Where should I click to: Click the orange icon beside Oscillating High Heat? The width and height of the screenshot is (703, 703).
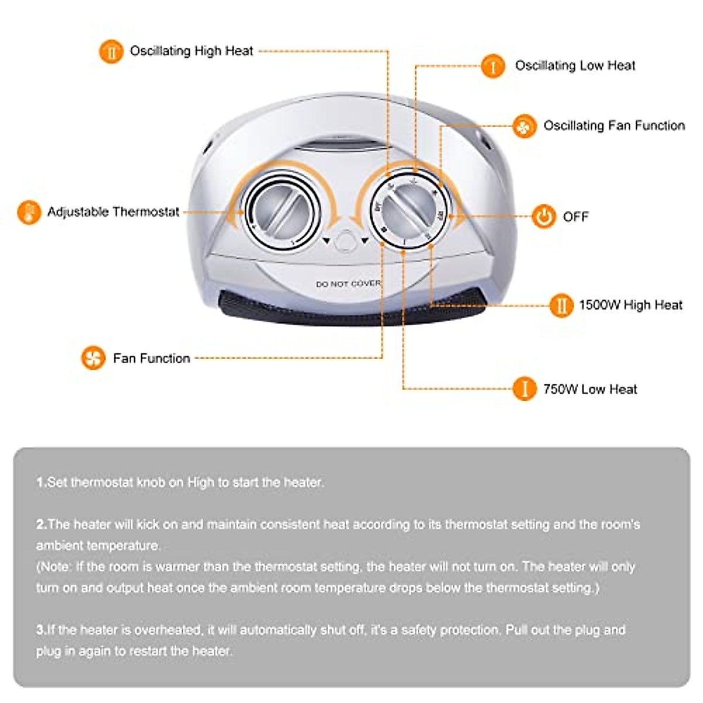tap(111, 52)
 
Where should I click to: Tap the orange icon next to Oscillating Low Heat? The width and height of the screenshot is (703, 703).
tap(493, 66)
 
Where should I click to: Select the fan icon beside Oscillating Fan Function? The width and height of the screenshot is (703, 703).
tap(524, 126)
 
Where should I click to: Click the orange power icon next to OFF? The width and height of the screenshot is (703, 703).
tap(544, 217)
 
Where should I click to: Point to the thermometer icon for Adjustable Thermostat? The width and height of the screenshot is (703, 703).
tap(29, 212)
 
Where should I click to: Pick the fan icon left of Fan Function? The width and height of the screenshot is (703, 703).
tap(93, 357)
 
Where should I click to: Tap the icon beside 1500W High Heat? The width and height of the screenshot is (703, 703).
tap(561, 305)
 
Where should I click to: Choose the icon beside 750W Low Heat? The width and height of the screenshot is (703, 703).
tap(524, 389)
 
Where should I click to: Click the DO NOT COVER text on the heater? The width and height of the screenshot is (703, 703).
tap(348, 284)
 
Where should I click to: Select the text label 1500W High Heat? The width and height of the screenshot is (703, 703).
tap(630, 305)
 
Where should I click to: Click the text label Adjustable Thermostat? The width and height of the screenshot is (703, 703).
tap(113, 212)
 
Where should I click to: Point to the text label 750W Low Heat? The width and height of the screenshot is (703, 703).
tap(590, 390)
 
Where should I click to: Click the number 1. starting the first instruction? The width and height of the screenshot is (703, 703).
tap(41, 483)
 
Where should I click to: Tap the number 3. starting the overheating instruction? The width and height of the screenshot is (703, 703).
tap(41, 630)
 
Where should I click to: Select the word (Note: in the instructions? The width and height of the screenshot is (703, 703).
tap(54, 567)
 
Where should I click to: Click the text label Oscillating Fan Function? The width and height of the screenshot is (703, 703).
tap(614, 126)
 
